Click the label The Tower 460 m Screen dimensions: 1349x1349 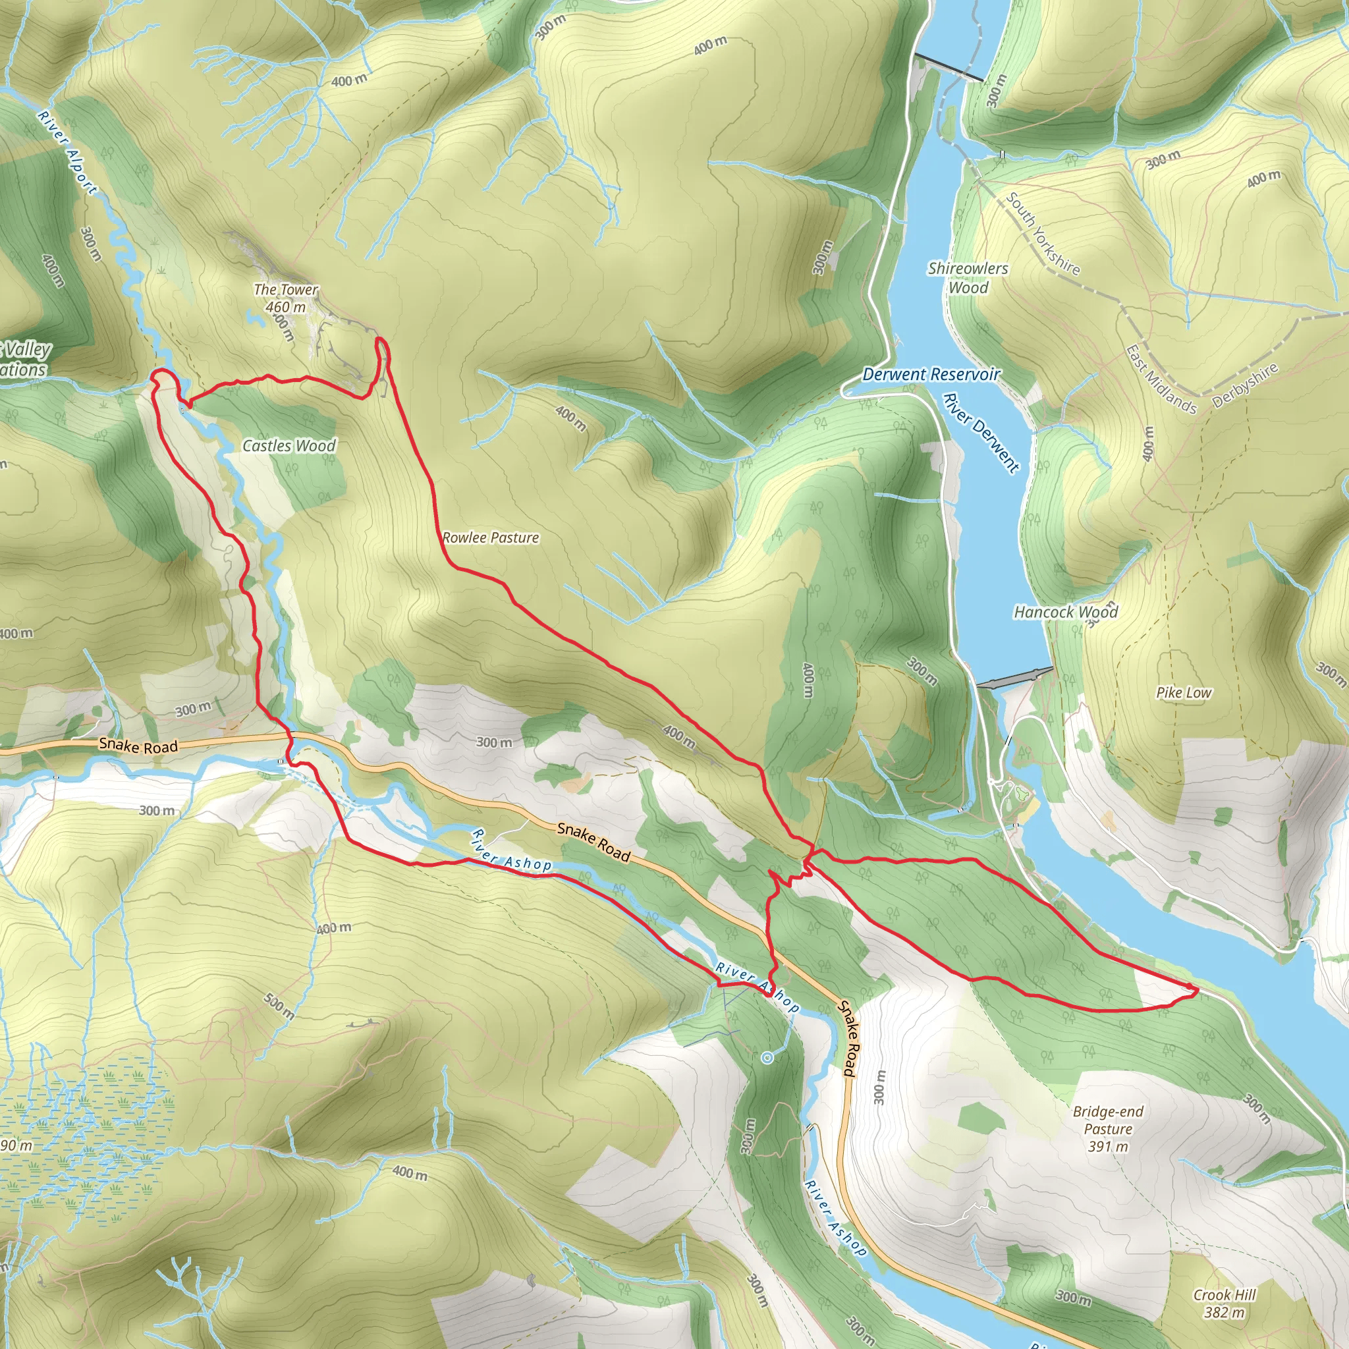(x=286, y=298)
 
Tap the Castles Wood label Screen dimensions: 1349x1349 (x=289, y=445)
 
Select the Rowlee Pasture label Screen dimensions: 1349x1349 (x=490, y=537)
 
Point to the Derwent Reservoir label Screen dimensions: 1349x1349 (x=931, y=374)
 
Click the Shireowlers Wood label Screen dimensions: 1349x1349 (x=968, y=278)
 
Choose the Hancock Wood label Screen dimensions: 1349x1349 (x=1066, y=613)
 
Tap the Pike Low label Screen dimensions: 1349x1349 (x=1184, y=693)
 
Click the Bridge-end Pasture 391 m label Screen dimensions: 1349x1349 (x=1108, y=1128)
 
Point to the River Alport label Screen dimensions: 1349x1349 (x=68, y=151)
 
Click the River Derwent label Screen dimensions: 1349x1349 (x=981, y=433)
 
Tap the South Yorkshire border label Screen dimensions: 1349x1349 (x=1043, y=234)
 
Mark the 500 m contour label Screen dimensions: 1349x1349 (x=279, y=1005)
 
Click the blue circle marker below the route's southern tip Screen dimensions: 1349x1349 (x=767, y=1058)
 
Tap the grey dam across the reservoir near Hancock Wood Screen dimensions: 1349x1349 (x=1014, y=677)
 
